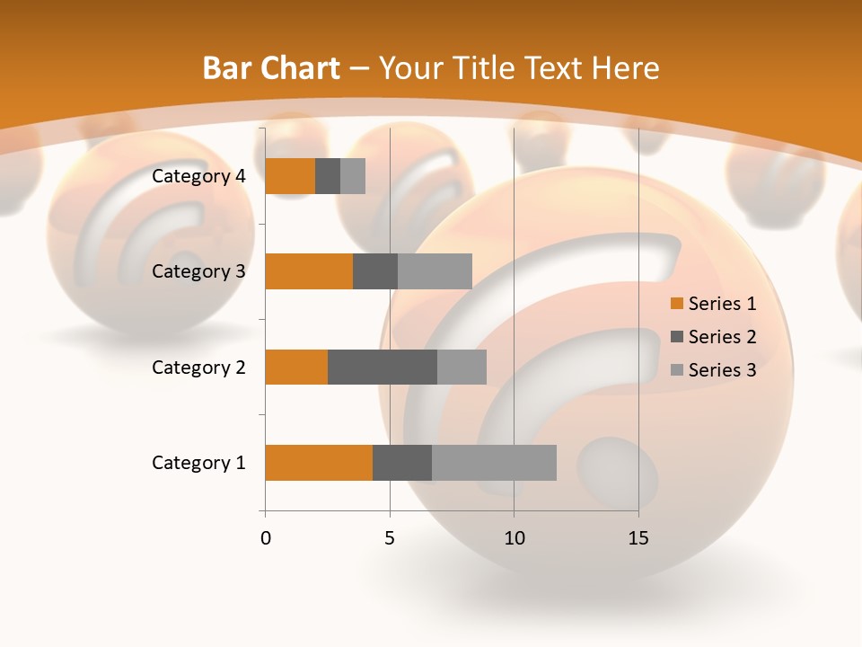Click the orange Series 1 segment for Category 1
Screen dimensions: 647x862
click(319, 462)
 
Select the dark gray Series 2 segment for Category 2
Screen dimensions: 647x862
click(383, 367)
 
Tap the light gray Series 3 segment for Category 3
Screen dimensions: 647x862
click(435, 271)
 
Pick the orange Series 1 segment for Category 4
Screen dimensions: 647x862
click(290, 176)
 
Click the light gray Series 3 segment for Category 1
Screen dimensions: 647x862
click(494, 462)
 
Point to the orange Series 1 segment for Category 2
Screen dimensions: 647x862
click(296, 367)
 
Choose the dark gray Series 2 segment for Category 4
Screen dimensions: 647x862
click(328, 176)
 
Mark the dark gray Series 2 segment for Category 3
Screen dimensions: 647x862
click(375, 271)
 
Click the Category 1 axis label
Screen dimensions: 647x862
click(198, 463)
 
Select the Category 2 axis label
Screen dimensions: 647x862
click(198, 367)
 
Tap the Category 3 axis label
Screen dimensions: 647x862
click(198, 271)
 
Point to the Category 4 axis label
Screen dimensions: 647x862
click(198, 176)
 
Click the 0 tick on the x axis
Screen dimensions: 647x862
click(266, 538)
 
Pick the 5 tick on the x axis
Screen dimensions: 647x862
click(390, 538)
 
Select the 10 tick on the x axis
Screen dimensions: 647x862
click(514, 538)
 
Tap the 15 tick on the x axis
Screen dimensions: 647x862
click(638, 538)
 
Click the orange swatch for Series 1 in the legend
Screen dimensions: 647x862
click(677, 304)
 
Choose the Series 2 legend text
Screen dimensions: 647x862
click(722, 337)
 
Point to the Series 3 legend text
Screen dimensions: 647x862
click(722, 370)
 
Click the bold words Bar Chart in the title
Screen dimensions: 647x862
click(271, 68)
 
